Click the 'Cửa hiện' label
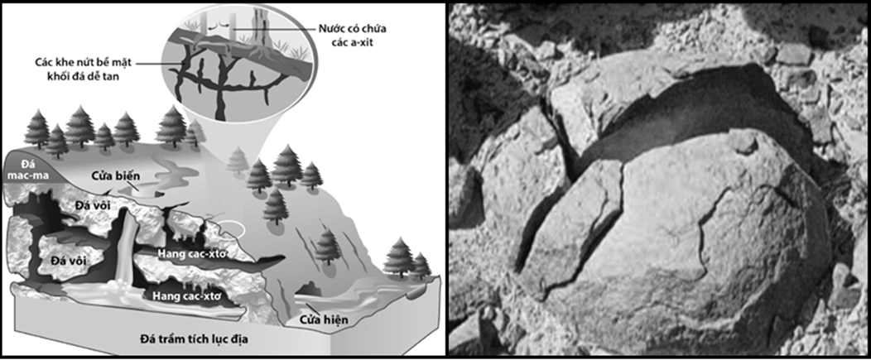pyautogui.click(x=320, y=320)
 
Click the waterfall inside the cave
pyautogui.click(x=128, y=244)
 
